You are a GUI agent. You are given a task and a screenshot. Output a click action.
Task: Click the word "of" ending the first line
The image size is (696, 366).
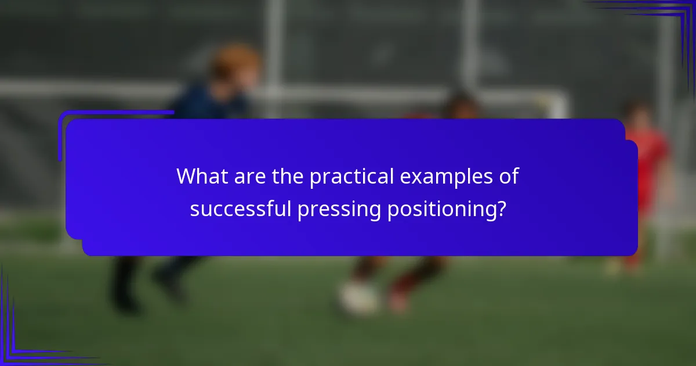click(509, 177)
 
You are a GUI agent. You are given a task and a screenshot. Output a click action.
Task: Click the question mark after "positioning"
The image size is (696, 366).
click(499, 209)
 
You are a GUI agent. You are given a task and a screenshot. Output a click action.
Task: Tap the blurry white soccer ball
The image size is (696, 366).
click(357, 297)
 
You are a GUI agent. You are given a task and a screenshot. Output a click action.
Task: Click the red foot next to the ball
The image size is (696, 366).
click(400, 297)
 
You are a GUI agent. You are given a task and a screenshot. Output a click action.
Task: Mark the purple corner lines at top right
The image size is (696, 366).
click(667, 23)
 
